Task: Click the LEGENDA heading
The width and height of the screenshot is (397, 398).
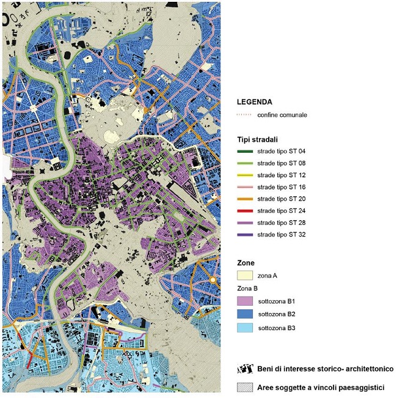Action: [x=255, y=102]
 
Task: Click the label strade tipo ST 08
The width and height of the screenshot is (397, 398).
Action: [x=282, y=163]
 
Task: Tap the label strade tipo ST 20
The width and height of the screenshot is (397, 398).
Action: [x=282, y=199]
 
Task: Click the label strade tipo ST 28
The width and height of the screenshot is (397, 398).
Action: [x=282, y=223]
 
